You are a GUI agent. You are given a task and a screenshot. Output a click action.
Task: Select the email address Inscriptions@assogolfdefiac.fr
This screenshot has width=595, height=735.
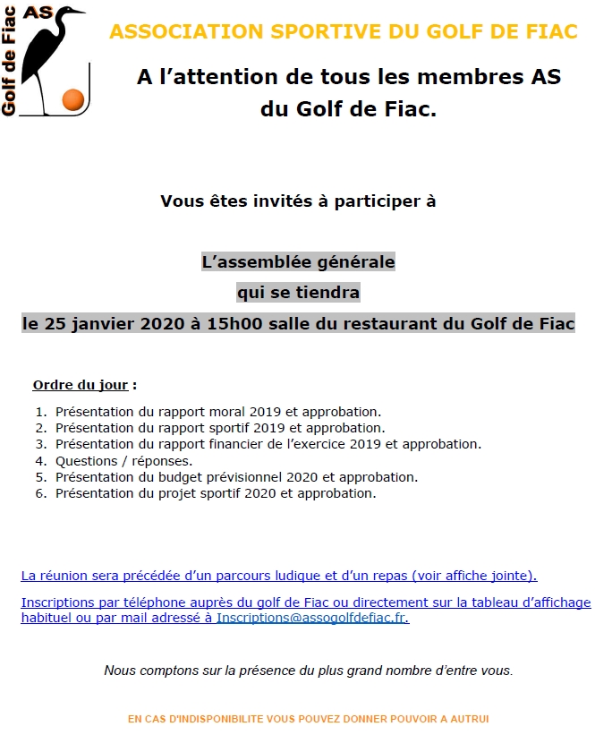pos(312,618)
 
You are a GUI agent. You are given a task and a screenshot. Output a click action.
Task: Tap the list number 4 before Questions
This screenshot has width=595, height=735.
pos(40,461)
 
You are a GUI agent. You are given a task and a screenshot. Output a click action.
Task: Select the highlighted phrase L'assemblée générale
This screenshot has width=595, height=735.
pos(298,263)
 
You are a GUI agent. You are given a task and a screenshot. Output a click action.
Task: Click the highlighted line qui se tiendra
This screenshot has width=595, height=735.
pos(298,293)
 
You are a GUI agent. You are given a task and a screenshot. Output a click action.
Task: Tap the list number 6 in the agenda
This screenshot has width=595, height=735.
pos(40,493)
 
